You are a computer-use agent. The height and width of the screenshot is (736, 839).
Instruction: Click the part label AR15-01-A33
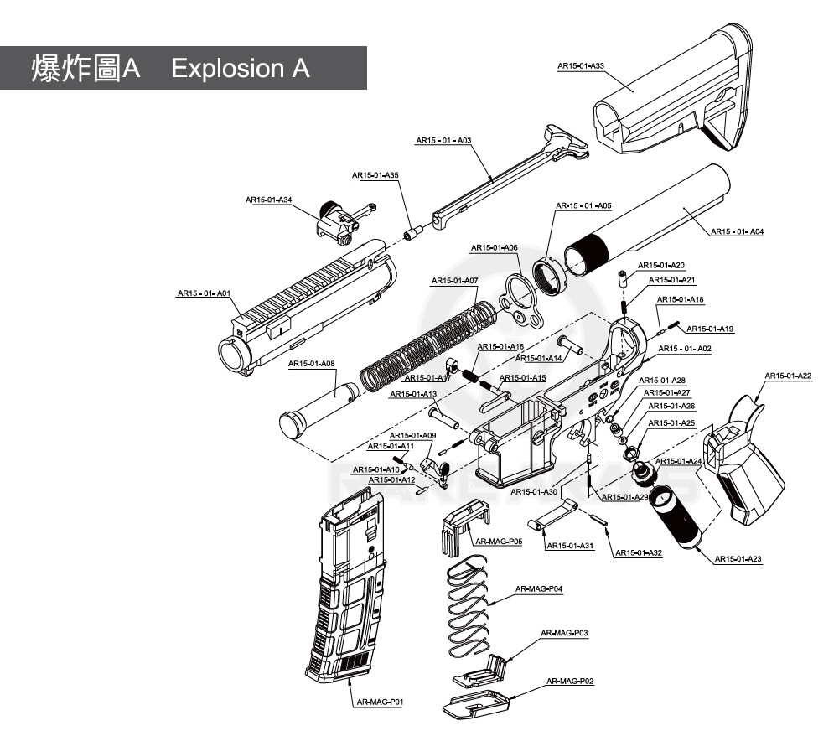click(x=581, y=65)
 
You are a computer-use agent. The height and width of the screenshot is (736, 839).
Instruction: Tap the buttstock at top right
click(x=671, y=101)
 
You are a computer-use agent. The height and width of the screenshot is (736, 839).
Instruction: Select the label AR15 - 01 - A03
click(x=443, y=141)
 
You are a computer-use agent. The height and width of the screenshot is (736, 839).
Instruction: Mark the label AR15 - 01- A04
click(x=737, y=231)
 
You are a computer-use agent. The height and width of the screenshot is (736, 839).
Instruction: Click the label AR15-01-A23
click(x=738, y=559)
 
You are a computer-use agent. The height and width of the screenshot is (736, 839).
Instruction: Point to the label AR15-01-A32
click(x=639, y=552)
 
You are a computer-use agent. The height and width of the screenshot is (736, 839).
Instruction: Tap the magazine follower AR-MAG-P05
click(x=461, y=520)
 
